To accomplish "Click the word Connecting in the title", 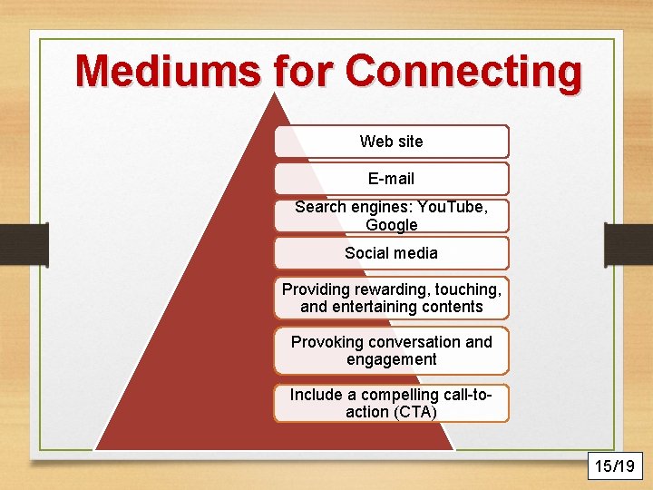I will coord(463,72).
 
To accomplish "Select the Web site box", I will coord(391,142).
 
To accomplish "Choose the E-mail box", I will coord(391,179).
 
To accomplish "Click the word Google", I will coord(391,225).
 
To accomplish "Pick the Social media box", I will coord(391,253).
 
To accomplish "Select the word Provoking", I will coord(326,342).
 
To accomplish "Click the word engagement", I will coord(391,359).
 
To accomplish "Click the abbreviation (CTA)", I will coord(414,412).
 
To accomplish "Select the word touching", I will coord(463,289).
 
